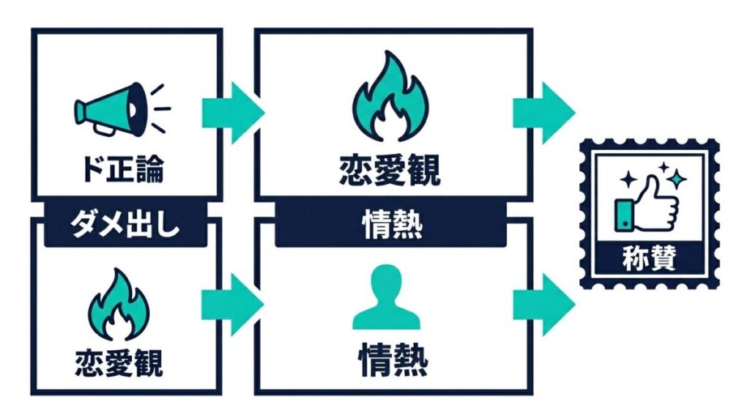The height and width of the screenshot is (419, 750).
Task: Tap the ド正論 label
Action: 122,170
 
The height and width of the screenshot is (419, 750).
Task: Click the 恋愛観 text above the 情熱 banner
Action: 390,171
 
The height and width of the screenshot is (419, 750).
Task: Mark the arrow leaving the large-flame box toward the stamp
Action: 543,113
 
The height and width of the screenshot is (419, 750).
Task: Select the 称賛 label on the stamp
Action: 650,258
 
